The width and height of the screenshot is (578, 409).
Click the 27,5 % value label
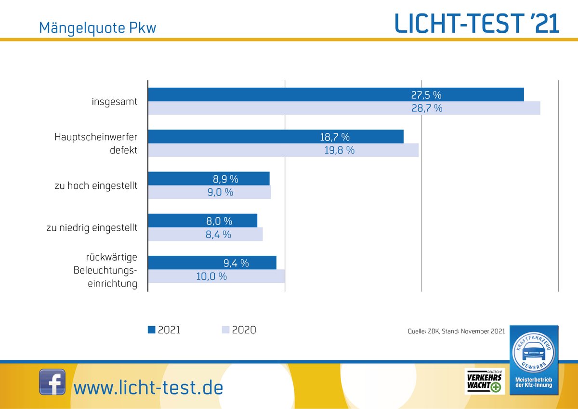pos(426,94)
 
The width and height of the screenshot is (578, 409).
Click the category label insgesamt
pos(115,102)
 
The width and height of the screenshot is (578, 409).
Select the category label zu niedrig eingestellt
pos(92,228)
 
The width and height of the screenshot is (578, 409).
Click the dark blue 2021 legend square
pos(152,330)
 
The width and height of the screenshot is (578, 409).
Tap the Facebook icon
pos(52,382)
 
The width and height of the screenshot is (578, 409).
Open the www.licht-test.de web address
pos(148,387)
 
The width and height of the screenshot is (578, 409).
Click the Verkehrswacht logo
pos(484,382)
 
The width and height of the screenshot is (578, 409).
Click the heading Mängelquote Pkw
pos(97,28)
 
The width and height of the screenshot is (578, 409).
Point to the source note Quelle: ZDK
pos(456,331)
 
